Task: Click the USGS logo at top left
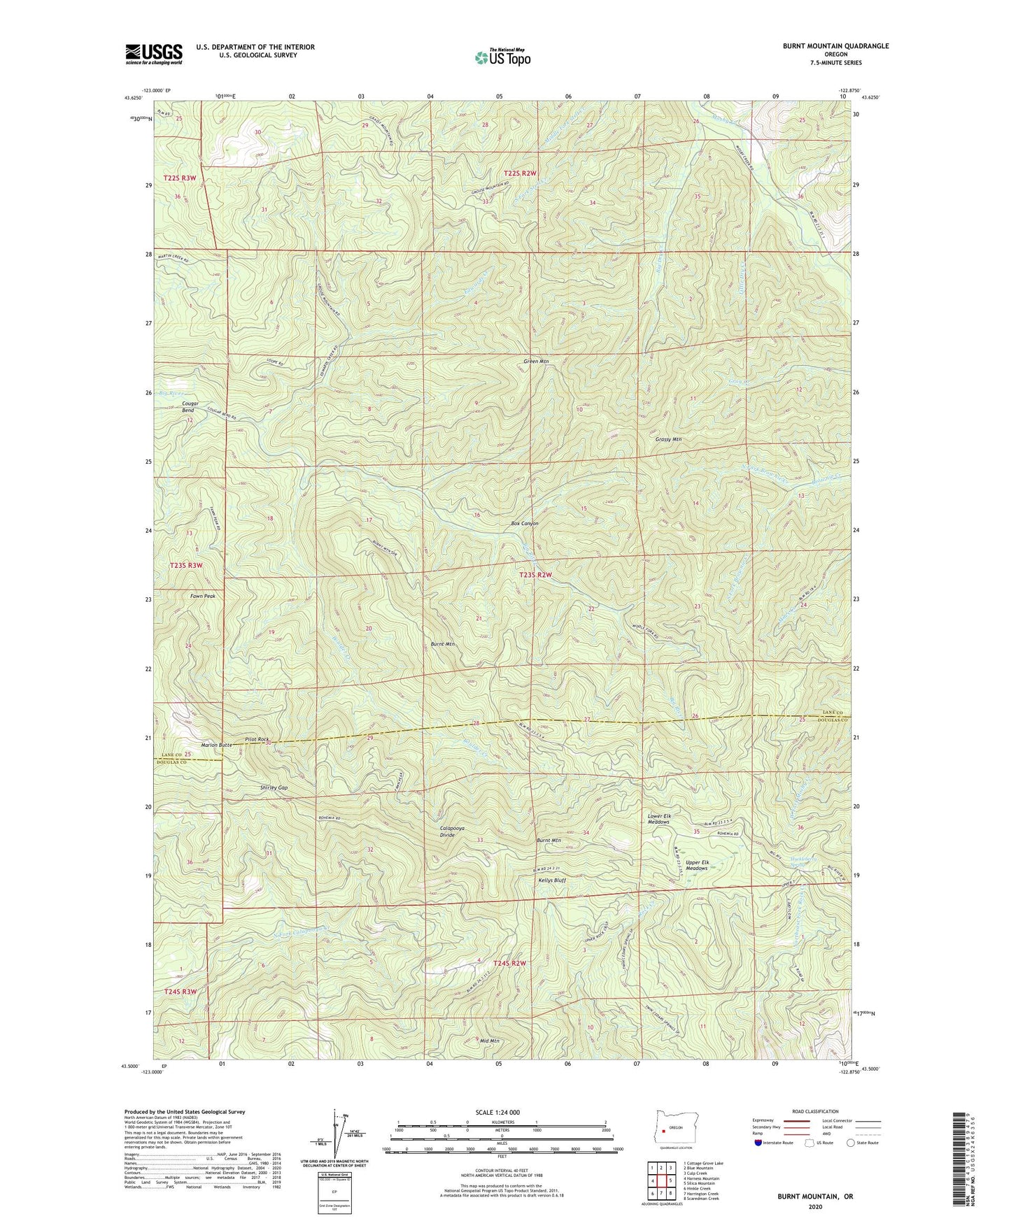(x=153, y=54)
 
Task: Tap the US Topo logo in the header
(x=502, y=57)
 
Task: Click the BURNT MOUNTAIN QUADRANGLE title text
(x=835, y=46)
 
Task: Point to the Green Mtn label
(x=536, y=362)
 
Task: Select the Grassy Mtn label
(x=668, y=439)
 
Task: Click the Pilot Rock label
(x=257, y=739)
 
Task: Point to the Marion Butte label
(x=216, y=745)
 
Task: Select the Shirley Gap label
(x=274, y=787)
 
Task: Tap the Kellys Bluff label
(x=551, y=880)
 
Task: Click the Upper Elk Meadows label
(x=697, y=865)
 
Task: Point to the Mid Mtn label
(x=490, y=1041)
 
